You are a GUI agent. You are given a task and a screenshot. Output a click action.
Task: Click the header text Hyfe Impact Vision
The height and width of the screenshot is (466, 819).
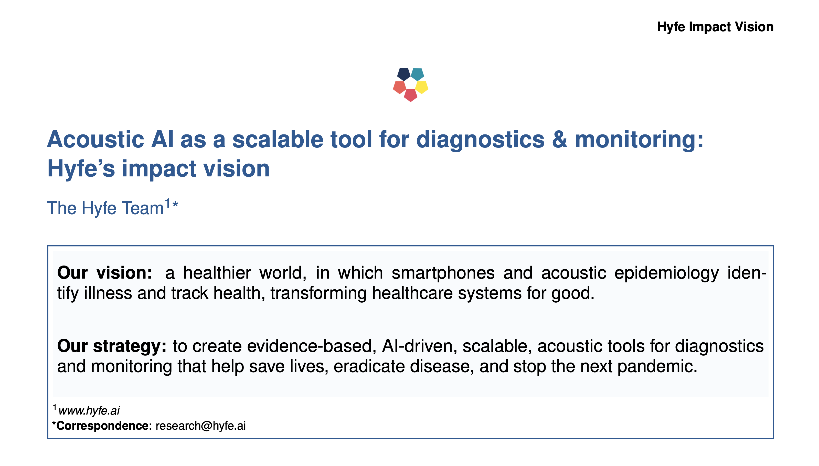tap(715, 27)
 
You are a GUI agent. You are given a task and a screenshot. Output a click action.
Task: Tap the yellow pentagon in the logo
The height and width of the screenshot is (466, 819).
tap(422, 87)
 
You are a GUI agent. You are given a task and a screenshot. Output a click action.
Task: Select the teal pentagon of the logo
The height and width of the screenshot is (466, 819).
tap(418, 74)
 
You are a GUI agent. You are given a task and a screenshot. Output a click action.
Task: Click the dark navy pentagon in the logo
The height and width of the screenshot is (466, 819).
tap(404, 74)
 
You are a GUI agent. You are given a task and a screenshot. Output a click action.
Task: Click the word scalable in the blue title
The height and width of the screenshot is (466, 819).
tap(278, 140)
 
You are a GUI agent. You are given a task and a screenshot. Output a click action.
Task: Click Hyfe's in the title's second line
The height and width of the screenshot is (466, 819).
tap(81, 169)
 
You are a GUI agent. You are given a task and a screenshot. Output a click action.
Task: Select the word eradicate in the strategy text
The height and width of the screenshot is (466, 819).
tap(369, 367)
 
